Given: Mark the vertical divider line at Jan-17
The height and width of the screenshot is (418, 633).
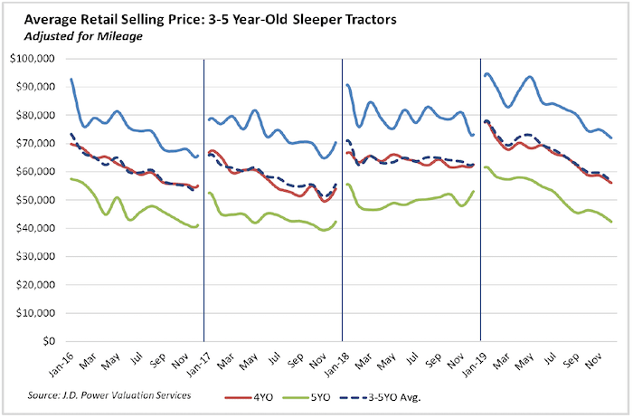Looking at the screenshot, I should [204, 200].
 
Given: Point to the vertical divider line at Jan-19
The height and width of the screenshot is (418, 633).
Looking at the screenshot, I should [480, 200].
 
